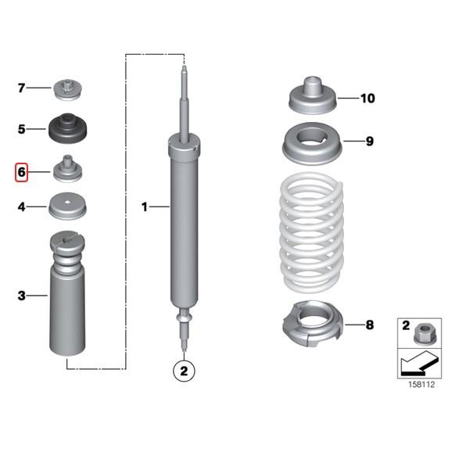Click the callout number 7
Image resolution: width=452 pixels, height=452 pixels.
[22, 88]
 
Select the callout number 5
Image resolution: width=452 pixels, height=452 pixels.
[22, 127]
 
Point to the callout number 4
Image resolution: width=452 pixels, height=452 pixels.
[22, 207]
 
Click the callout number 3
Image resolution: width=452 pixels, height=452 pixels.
[22, 296]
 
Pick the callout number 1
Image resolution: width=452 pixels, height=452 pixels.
[145, 206]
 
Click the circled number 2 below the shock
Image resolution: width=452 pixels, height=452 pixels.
[183, 371]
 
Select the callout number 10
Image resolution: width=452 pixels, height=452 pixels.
[368, 99]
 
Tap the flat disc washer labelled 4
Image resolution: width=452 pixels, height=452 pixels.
[68, 208]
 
